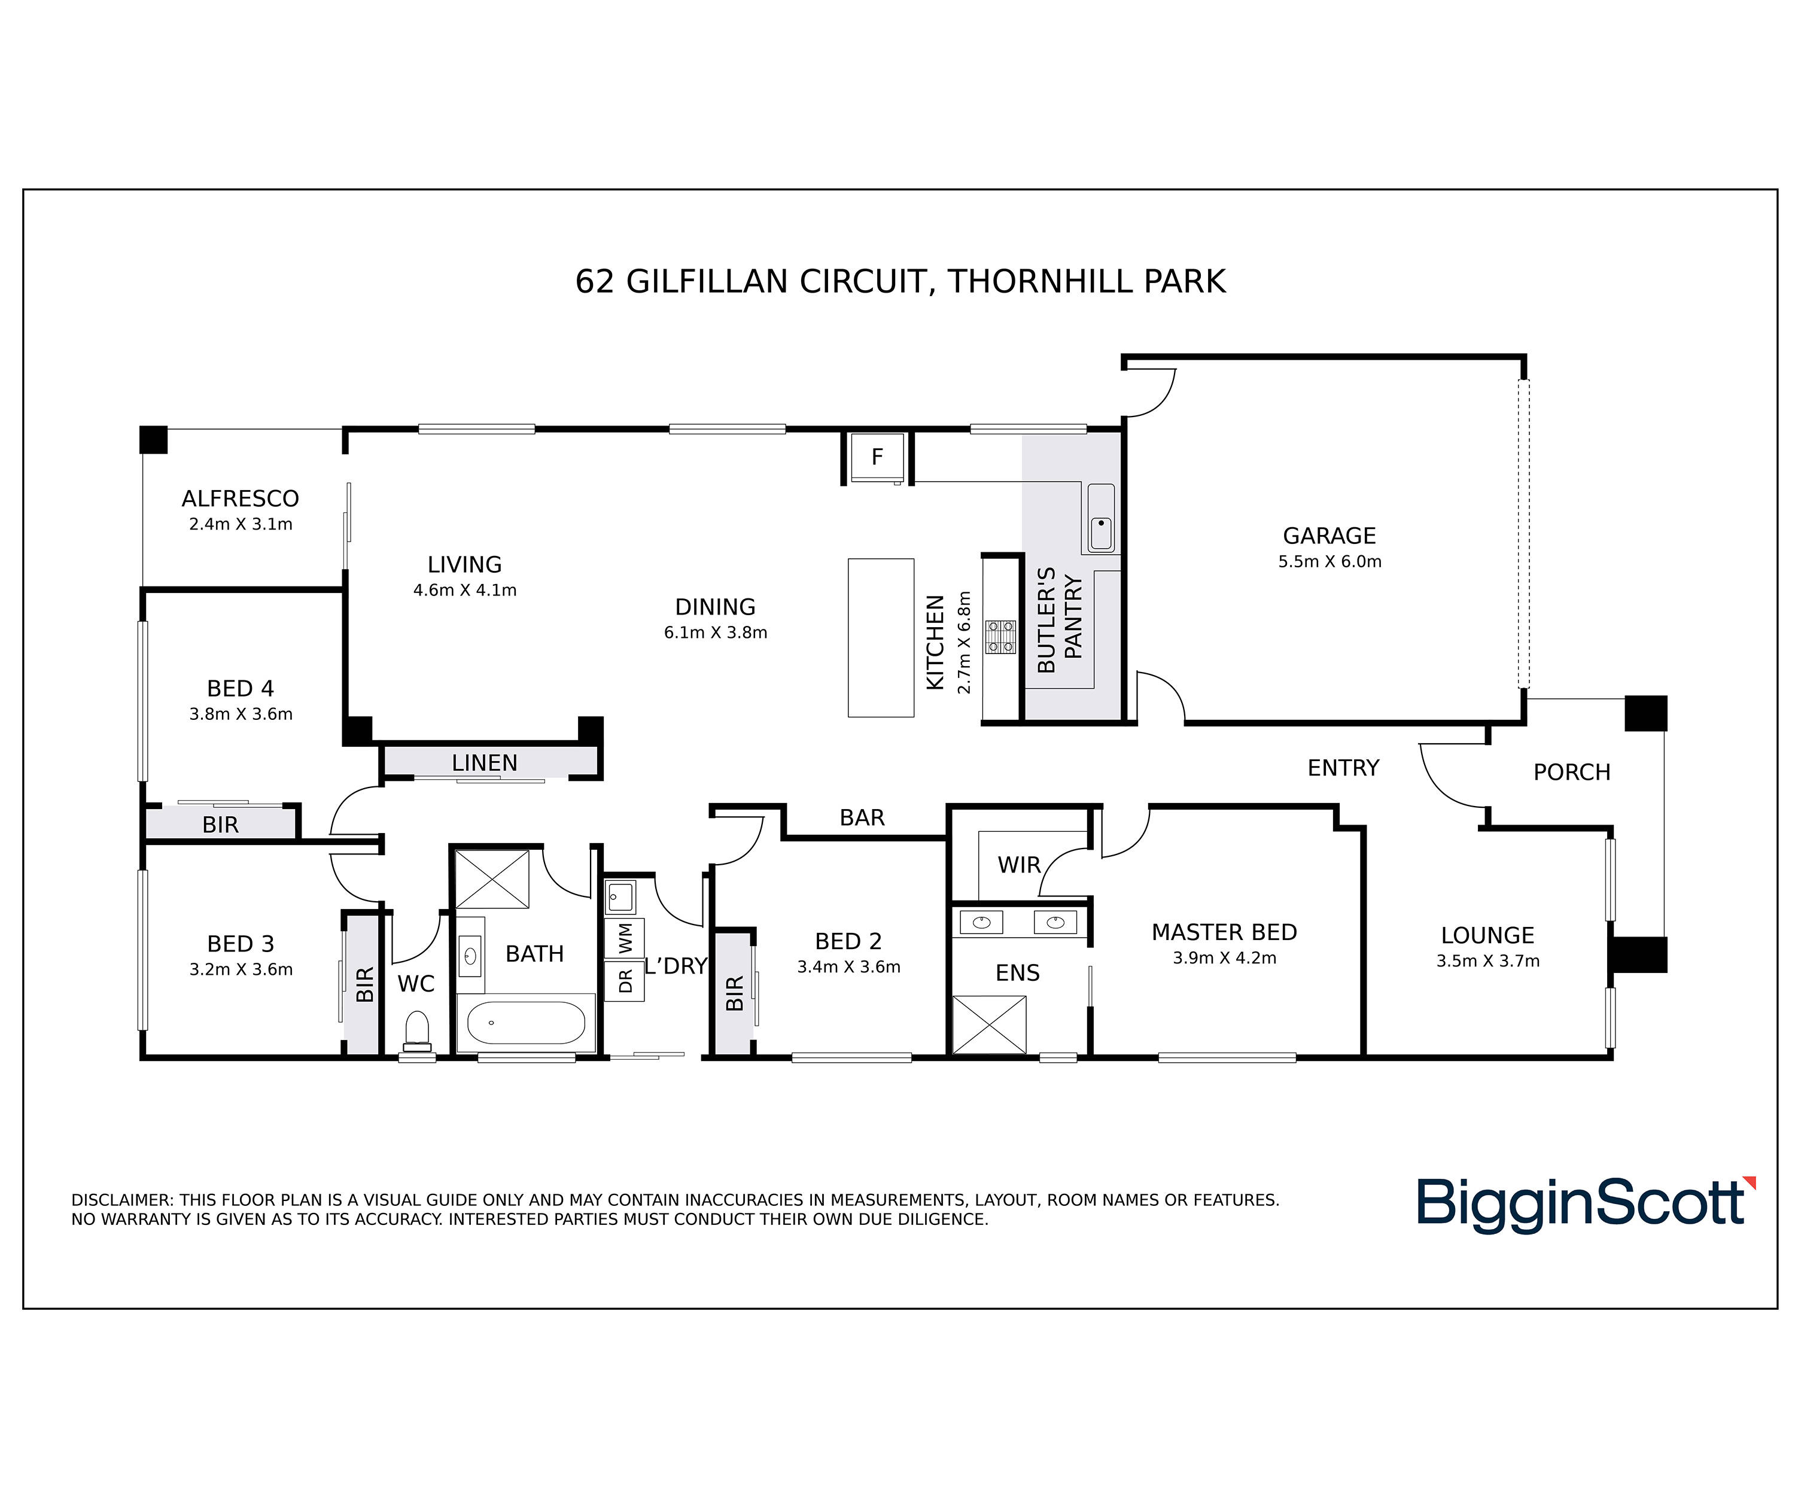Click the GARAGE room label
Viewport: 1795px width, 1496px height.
[1329, 536]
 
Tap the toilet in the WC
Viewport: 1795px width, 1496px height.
[416, 1031]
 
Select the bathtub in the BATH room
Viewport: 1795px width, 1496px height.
[526, 1023]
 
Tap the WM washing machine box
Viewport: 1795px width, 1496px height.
[625, 938]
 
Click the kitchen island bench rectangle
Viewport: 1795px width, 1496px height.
[880, 638]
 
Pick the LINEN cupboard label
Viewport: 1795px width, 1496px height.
[485, 762]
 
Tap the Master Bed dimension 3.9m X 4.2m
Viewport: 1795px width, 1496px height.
[1224, 958]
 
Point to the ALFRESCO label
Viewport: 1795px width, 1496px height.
[240, 498]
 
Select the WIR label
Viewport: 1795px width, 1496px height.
[1019, 865]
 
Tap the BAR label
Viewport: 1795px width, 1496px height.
[862, 818]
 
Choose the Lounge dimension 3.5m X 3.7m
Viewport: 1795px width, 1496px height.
[1487, 961]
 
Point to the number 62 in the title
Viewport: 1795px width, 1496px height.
[595, 281]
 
